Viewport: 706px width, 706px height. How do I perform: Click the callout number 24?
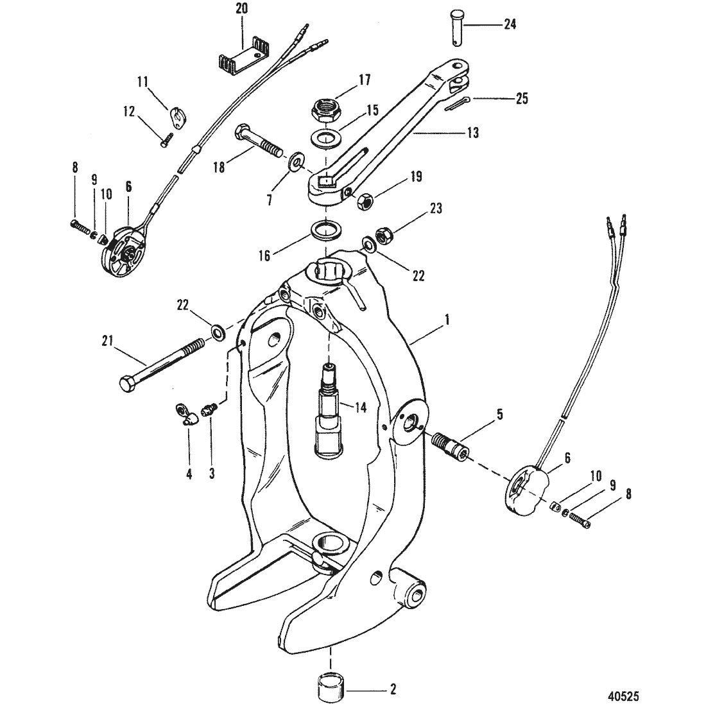[510, 24]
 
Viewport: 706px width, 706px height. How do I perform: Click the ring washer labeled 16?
[326, 228]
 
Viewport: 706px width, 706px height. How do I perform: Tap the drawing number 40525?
[623, 696]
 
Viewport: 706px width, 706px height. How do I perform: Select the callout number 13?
[472, 133]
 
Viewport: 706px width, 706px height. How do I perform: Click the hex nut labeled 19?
[364, 202]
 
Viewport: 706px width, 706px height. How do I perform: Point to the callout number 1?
[447, 320]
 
